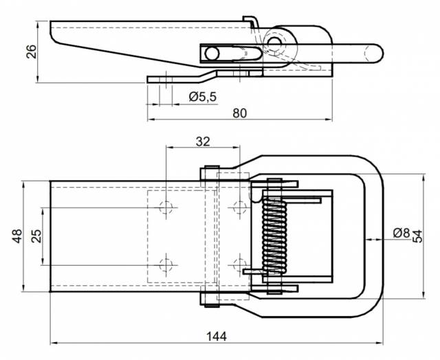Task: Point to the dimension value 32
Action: point(202,142)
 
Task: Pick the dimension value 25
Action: point(36,236)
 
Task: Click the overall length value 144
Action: point(217,336)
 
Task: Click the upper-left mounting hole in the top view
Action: point(166,207)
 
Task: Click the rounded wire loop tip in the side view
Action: point(374,52)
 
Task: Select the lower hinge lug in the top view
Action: point(210,299)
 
